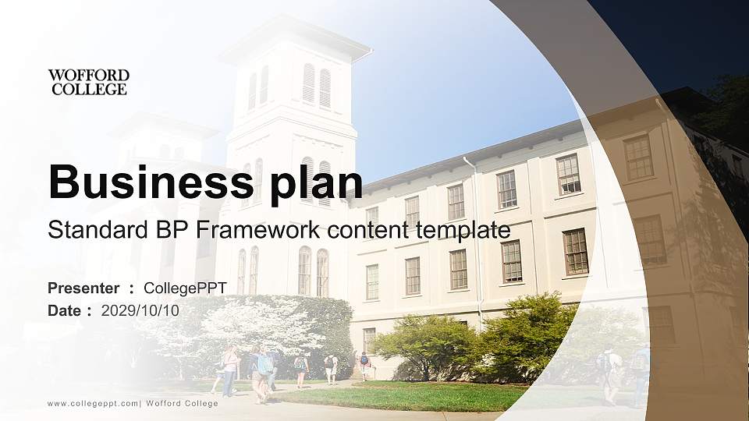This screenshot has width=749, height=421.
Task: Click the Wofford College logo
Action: point(88,82)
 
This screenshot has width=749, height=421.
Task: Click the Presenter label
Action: point(83,288)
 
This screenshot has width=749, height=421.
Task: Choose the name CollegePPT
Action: point(186,288)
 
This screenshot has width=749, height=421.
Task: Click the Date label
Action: point(65,310)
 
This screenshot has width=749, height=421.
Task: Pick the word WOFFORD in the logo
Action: point(88,75)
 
